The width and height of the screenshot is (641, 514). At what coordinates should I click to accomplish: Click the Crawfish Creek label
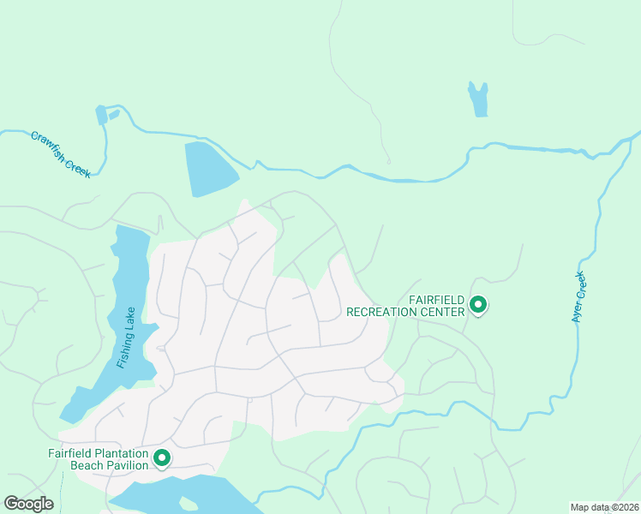(x=60, y=154)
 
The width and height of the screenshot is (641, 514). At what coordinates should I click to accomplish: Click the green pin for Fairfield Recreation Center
(x=478, y=304)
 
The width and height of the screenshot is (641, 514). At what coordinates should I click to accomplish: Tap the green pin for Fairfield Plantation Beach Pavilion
(x=160, y=458)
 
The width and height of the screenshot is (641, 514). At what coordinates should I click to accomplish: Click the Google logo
(x=28, y=504)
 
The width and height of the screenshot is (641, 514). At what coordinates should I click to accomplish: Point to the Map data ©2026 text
(x=604, y=507)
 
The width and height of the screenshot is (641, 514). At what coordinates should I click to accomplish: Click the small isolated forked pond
(x=478, y=99)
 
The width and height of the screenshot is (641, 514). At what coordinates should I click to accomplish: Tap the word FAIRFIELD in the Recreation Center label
(x=436, y=300)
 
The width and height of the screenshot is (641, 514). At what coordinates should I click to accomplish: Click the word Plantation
(x=121, y=453)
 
